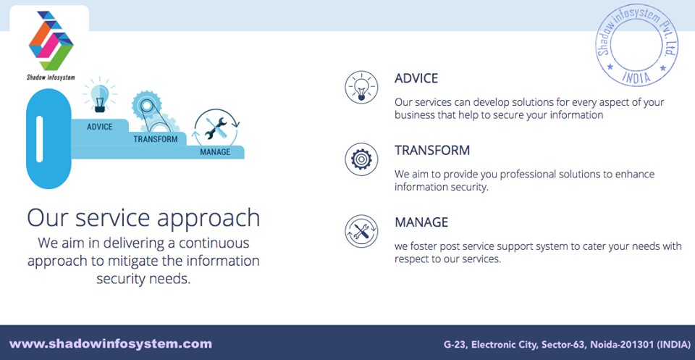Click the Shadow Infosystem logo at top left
[51, 45]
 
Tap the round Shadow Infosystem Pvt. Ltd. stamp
[637, 46]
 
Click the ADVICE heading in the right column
[416, 78]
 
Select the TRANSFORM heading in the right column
[432, 150]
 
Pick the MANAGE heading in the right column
[421, 222]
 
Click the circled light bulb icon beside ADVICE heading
[361, 88]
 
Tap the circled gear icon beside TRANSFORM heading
[361, 159]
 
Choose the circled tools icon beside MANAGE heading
[361, 231]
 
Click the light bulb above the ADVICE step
[100, 96]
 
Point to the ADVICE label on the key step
[100, 127]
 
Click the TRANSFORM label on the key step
[156, 139]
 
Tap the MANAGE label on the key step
[215, 152]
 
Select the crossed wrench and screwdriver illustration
[216, 127]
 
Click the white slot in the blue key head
[39, 139]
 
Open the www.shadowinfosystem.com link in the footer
[111, 343]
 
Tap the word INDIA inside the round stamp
[636, 77]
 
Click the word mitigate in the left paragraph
[128, 261]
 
